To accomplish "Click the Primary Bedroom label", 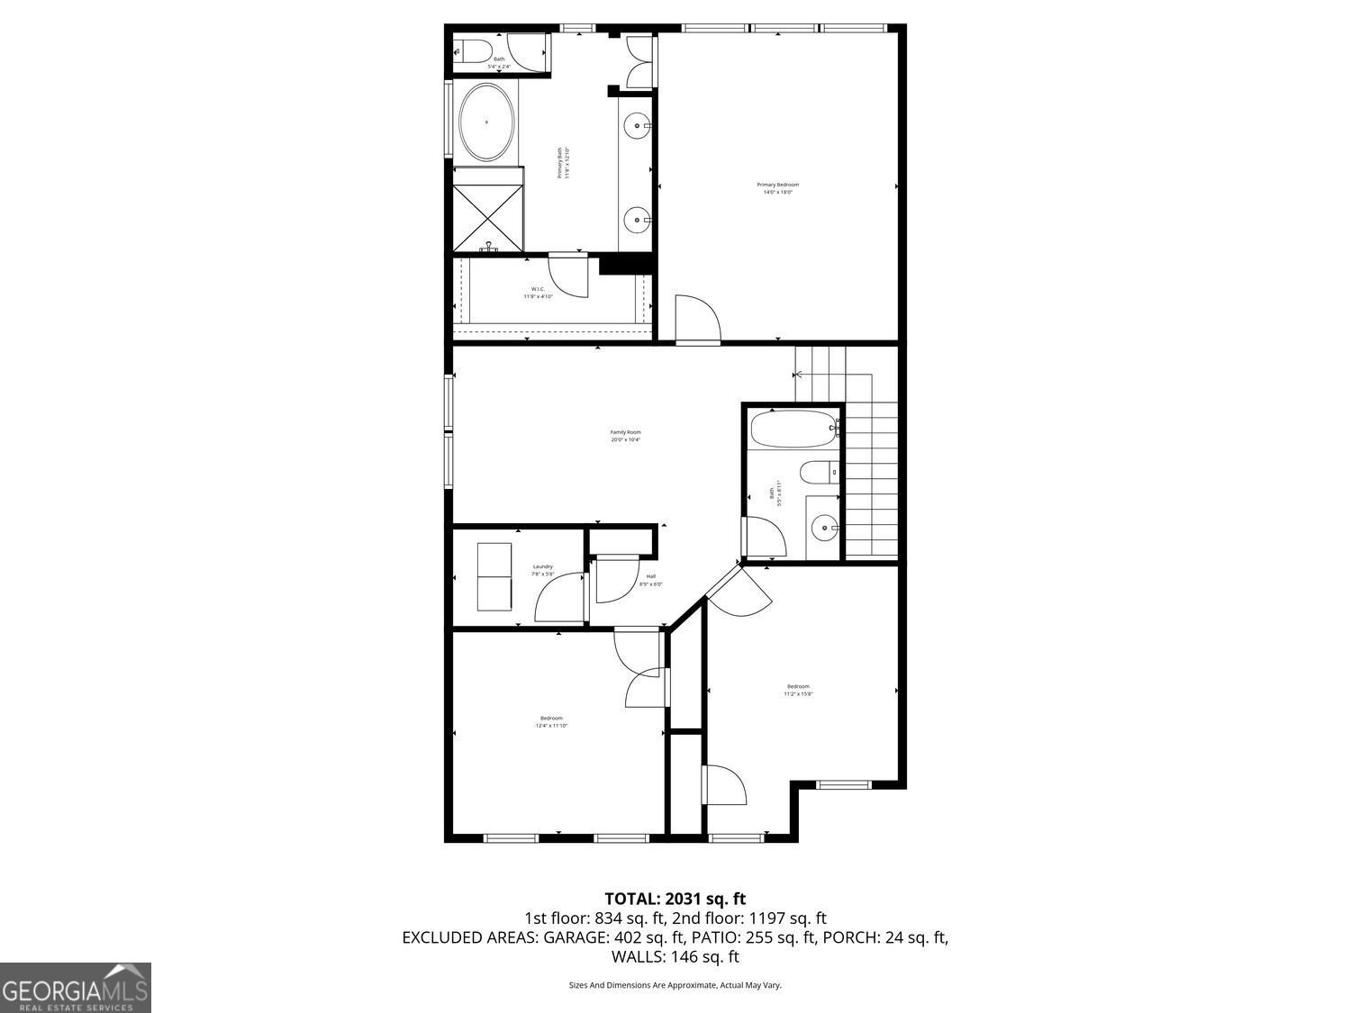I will [777, 188].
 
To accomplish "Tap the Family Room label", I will [625, 436].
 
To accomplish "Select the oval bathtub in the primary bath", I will [487, 122].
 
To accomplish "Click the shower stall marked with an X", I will [487, 218].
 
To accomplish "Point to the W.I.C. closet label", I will [537, 293].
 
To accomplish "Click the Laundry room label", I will [542, 570].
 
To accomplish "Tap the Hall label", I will [650, 580].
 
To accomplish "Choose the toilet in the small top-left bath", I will [470, 50].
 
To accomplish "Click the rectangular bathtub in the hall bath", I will [794, 429].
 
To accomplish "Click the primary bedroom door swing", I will [698, 320].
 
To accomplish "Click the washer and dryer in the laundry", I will [494, 577].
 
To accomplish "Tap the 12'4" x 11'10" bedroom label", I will [551, 721].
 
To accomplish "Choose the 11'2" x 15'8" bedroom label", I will [797, 690].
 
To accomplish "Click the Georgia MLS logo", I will [75, 988].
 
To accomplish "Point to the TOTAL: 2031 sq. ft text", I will [675, 899].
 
